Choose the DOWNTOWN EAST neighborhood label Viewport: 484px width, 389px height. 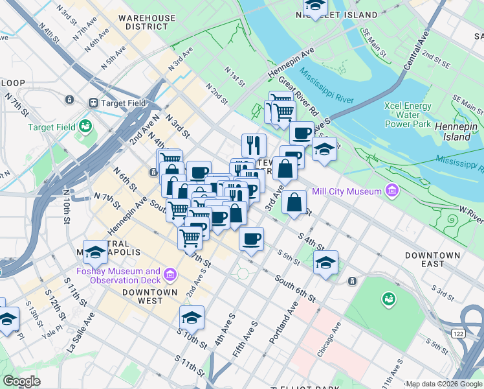433,259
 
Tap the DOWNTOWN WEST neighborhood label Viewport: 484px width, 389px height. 150,296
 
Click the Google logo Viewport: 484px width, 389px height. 22,381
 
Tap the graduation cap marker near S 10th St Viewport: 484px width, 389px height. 192,318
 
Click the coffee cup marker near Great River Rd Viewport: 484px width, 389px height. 301,134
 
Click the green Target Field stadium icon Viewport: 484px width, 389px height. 83,127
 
